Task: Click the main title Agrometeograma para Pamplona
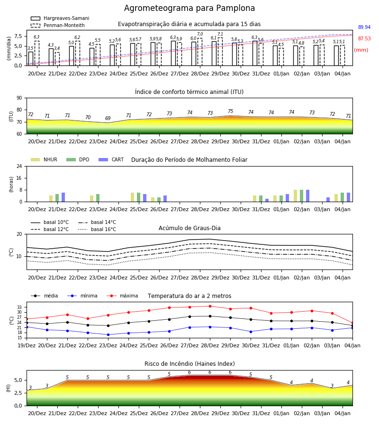point(189,8)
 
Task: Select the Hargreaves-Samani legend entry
point(60,18)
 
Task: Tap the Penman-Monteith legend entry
point(58,25)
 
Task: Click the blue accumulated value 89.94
point(364,27)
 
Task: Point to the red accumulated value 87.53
point(364,39)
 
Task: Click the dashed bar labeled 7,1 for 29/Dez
point(220,52)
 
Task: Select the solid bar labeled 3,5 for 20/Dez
point(31,59)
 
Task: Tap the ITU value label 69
point(108,119)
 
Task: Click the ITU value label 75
point(231,111)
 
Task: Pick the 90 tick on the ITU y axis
point(19,98)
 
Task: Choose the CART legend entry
point(111,159)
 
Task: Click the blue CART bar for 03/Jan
point(328,200)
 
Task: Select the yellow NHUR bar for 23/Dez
point(91,198)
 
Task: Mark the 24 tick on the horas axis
point(19,167)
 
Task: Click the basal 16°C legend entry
point(97,229)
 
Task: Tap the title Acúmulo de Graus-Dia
point(189,228)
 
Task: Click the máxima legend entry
point(122,296)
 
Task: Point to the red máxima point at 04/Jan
point(352,323)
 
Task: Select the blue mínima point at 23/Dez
point(108,334)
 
